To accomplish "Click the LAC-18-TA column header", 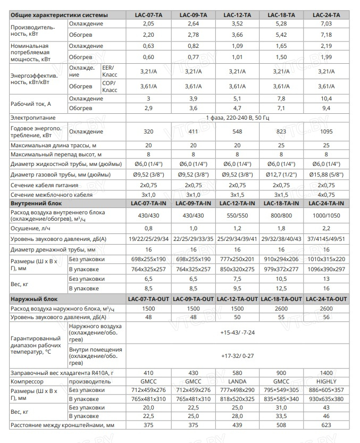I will pos(281,14).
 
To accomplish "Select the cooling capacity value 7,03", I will pos(325,24).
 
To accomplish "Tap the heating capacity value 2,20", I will pos(148,35).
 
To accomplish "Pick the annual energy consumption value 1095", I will pos(325,131).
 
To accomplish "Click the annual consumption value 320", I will pos(148,131).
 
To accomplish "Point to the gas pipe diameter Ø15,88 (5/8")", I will pos(325,174).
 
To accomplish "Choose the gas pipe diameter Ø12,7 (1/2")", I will pos(281,174).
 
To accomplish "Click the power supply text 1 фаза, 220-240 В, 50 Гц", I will pos(237,117).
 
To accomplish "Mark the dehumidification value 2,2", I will pos(325,228).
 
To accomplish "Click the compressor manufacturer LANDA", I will pos(237,382).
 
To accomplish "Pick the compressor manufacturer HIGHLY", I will pos(325,382).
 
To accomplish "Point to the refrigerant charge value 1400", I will pos(325,372).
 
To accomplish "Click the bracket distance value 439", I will pos(237,425).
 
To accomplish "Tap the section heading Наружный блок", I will pos(35,299).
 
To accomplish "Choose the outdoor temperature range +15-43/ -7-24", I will pos(237,332).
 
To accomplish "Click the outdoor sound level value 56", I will pos(325,317).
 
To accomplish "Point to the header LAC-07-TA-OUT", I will pos(148,299).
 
